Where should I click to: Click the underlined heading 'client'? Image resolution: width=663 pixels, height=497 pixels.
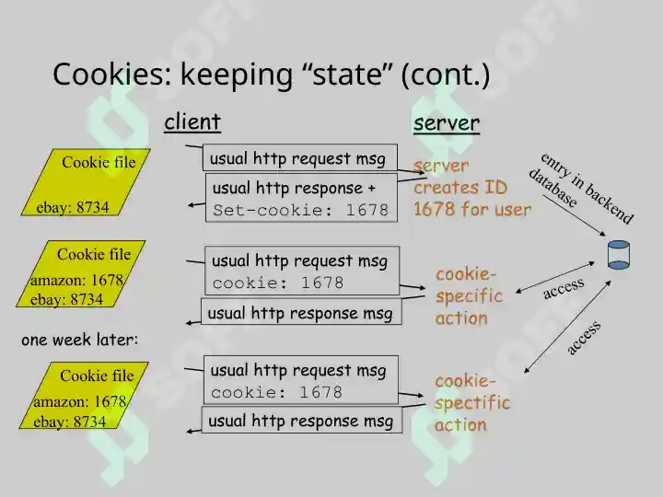(x=192, y=122)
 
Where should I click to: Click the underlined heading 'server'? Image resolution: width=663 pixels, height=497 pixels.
(x=447, y=123)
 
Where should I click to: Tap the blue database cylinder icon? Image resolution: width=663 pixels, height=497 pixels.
(x=619, y=254)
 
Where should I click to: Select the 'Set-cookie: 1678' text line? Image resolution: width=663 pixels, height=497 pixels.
(x=300, y=210)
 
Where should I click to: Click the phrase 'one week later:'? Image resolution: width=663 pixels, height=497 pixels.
(x=80, y=340)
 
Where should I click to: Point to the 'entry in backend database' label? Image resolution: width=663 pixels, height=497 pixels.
(x=581, y=188)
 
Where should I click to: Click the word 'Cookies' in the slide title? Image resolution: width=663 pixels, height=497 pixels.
(x=112, y=74)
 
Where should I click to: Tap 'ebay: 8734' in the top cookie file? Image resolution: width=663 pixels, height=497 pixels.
(x=73, y=207)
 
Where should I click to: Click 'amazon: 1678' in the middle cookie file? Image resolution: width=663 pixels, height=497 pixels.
(x=77, y=280)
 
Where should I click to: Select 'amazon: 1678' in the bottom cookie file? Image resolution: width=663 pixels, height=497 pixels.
(x=80, y=401)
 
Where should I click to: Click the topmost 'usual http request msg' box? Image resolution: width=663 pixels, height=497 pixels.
(x=300, y=157)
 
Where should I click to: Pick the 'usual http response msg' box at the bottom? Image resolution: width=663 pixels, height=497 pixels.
(x=302, y=420)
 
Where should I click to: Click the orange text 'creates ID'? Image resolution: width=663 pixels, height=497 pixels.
(x=460, y=187)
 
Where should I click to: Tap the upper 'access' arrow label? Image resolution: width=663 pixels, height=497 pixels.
(x=564, y=288)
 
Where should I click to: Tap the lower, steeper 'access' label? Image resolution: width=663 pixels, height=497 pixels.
(x=584, y=337)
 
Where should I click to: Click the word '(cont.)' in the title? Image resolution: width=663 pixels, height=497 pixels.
(x=446, y=75)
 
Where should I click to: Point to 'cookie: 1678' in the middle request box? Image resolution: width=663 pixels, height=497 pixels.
(x=278, y=283)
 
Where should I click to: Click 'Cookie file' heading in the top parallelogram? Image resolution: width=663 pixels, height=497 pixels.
(x=99, y=162)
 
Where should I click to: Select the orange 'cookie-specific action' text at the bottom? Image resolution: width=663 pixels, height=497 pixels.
(x=472, y=403)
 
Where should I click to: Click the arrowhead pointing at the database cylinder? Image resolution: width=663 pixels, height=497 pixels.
(x=603, y=234)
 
